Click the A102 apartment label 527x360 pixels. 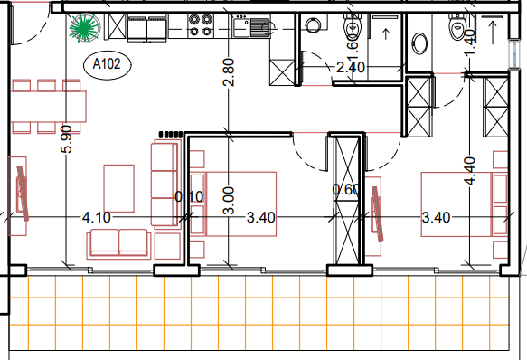pyautogui.click(x=107, y=64)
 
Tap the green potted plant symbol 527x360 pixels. pyautogui.click(x=84, y=28)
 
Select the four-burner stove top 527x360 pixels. pyautogui.click(x=201, y=25)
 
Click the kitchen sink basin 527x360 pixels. pyautogui.click(x=241, y=27)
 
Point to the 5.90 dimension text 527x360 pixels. pyautogui.click(x=67, y=139)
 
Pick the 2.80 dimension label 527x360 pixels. pyautogui.click(x=229, y=72)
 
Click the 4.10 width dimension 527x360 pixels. pyautogui.click(x=97, y=218)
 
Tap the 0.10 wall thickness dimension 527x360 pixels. pyautogui.click(x=189, y=197)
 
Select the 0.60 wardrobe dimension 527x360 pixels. pyautogui.click(x=346, y=189)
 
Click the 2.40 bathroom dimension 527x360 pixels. pyautogui.click(x=351, y=67)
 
